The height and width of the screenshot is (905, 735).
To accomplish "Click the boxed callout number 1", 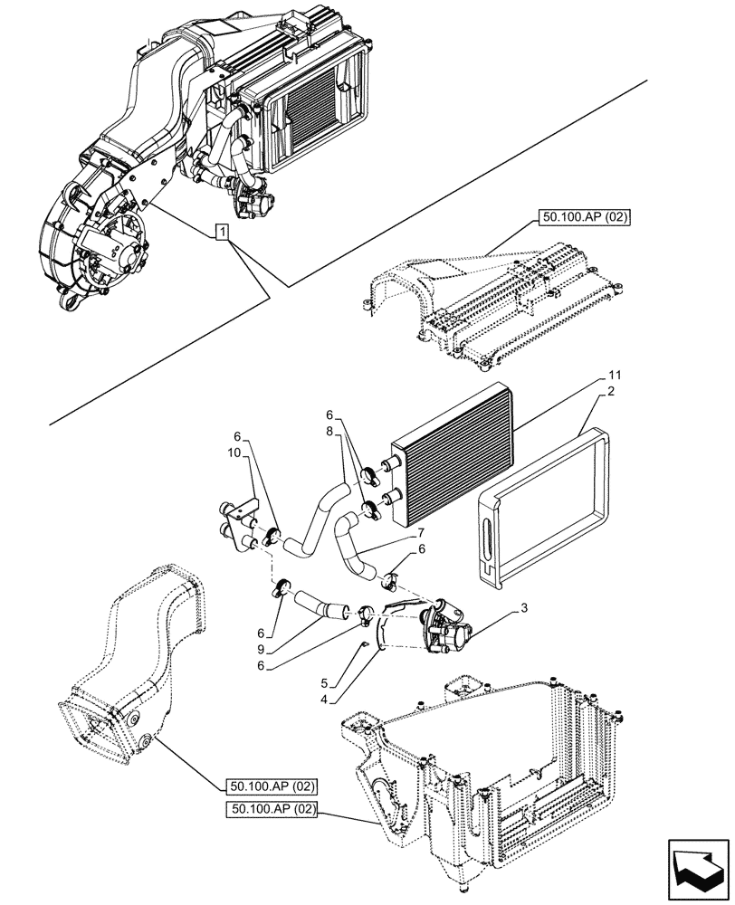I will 222,233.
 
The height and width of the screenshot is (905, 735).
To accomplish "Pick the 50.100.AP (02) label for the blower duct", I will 269,786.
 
